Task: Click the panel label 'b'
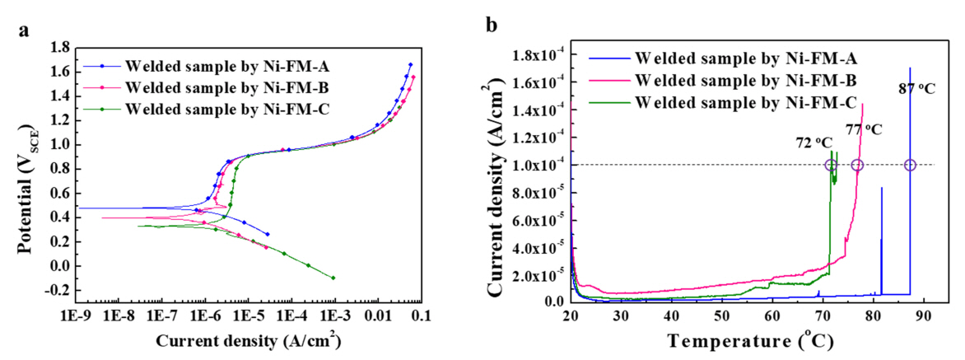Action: (x=492, y=25)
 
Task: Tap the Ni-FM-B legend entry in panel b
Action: (x=725, y=81)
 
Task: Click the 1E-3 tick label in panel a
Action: (x=333, y=316)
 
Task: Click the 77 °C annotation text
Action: (x=864, y=129)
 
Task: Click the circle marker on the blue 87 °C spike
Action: (x=910, y=165)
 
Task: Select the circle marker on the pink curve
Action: (x=857, y=165)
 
